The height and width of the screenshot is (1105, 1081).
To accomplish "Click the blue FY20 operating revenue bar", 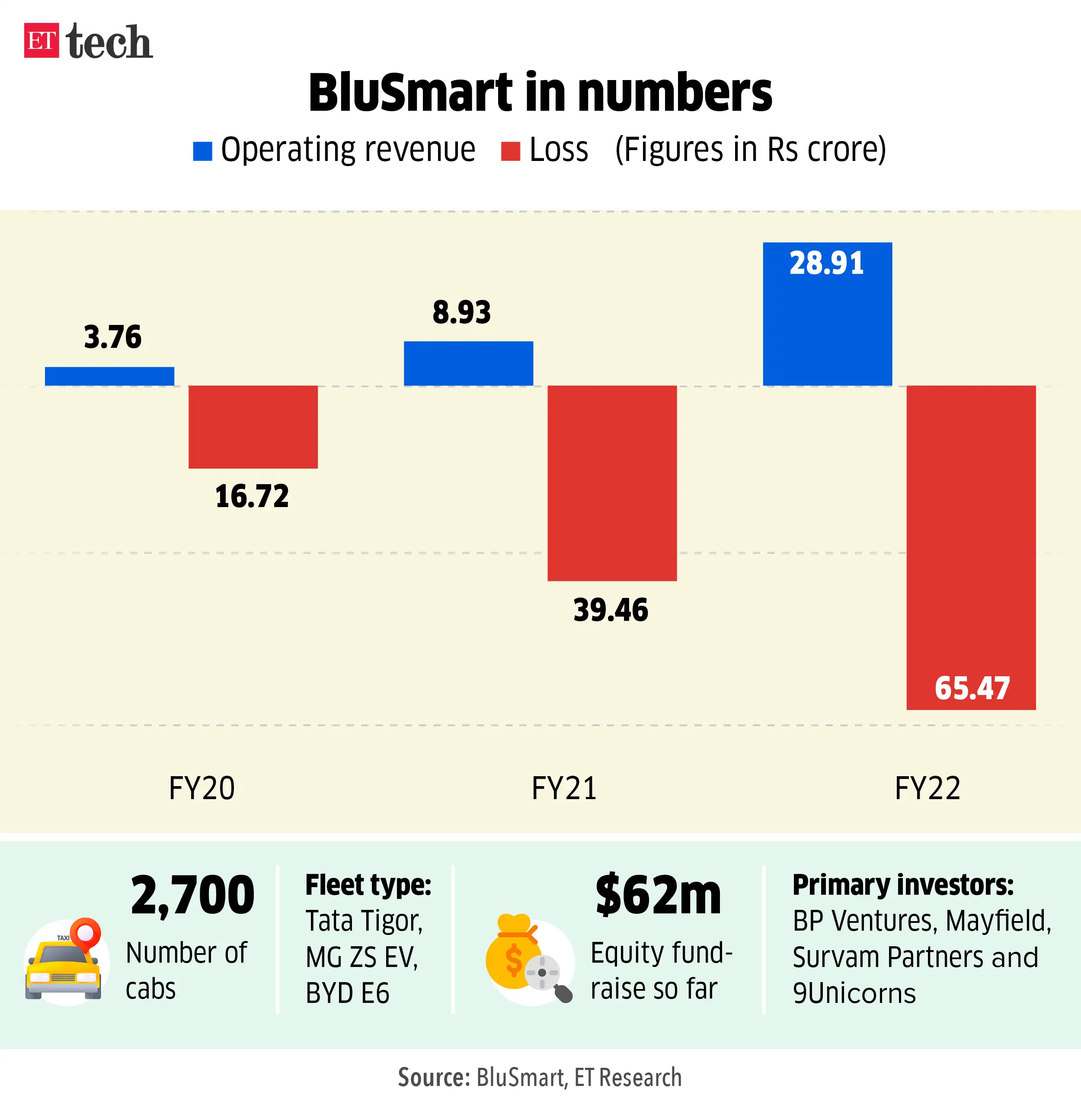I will point(109,376).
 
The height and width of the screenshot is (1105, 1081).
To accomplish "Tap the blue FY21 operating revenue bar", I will point(468,363).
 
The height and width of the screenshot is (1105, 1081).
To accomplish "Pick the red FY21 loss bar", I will point(611,483).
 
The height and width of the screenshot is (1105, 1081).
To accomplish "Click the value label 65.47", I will point(972,688).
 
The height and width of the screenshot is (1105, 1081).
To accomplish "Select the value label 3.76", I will point(112,337).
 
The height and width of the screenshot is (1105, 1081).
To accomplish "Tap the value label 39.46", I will point(611,610).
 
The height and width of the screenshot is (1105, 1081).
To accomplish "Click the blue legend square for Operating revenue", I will point(202,151).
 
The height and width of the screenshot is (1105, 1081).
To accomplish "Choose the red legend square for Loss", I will point(510,151).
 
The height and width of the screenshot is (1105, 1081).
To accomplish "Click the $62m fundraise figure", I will point(658,895).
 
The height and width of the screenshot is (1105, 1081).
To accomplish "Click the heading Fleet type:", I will point(368,885).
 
